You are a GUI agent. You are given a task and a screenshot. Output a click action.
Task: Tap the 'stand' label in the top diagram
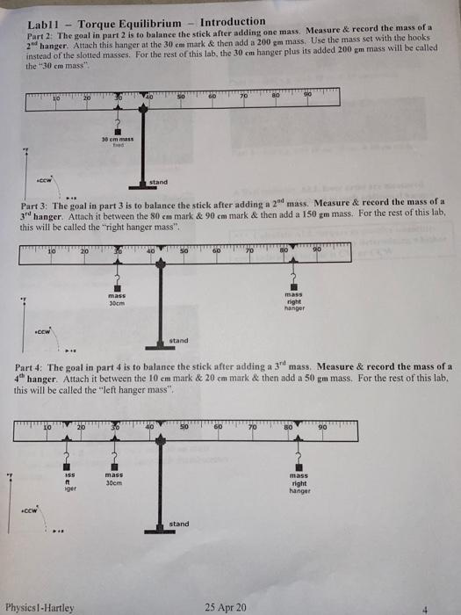pyautogui.click(x=159, y=183)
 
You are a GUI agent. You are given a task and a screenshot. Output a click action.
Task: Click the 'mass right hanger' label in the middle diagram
pyautogui.click(x=293, y=301)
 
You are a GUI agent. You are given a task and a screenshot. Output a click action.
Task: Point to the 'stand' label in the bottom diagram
pyautogui.click(x=179, y=524)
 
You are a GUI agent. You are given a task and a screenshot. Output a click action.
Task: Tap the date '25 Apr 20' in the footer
pyautogui.click(x=226, y=606)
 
